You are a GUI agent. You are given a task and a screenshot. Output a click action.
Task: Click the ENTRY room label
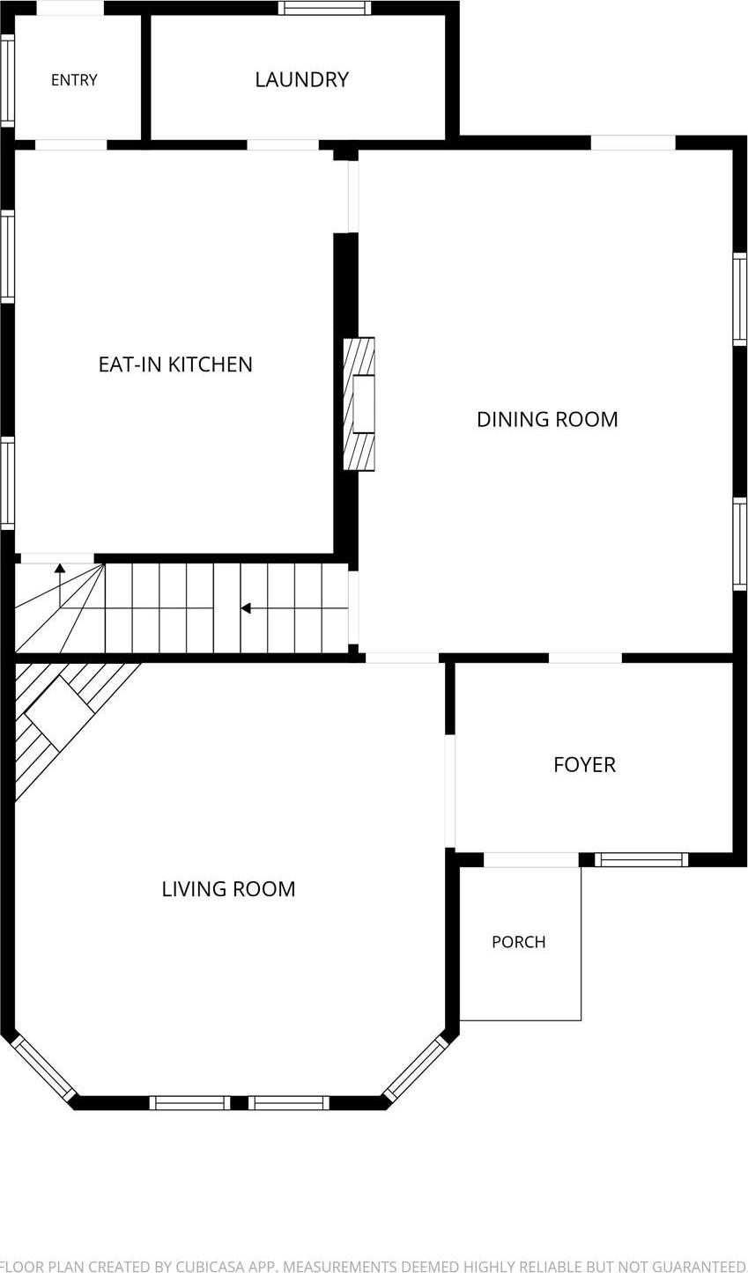click(x=74, y=80)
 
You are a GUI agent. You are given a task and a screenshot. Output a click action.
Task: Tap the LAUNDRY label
click(x=301, y=79)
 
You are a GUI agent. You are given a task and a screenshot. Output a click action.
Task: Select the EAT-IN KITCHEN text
click(x=175, y=364)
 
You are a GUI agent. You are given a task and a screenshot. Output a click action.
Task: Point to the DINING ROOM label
click(x=547, y=419)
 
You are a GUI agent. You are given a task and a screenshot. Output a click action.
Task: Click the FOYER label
click(x=584, y=765)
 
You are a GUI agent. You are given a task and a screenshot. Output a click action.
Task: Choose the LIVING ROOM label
click(x=229, y=889)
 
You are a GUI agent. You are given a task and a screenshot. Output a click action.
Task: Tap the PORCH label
click(x=518, y=942)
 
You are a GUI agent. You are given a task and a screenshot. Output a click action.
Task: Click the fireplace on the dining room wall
click(x=359, y=404)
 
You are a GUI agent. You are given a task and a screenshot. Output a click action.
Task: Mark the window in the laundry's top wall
click(x=324, y=7)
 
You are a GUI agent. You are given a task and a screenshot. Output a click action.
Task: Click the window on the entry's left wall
click(x=7, y=81)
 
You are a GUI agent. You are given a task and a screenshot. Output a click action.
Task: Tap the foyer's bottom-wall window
click(x=641, y=860)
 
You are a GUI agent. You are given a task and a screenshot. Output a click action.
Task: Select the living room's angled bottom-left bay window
click(x=43, y=1069)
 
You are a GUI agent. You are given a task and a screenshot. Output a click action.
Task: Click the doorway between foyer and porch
click(x=530, y=860)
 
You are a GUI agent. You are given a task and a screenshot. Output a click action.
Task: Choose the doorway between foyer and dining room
click(x=585, y=659)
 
